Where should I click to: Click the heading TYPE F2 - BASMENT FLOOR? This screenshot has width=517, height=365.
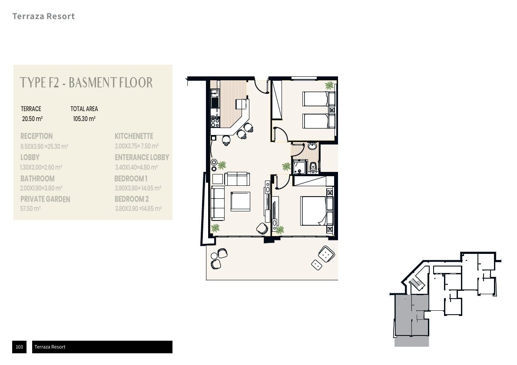pos(86,83)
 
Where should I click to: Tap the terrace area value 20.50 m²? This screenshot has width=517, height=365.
pos(32,119)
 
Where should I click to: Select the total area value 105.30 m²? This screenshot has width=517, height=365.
pos(84,119)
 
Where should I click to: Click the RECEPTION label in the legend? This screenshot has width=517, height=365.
pos(36,136)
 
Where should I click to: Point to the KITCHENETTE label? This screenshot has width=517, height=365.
pos(134,136)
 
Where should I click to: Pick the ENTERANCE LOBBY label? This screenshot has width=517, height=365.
pos(142,158)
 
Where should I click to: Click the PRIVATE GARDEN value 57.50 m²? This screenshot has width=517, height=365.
pos(30,208)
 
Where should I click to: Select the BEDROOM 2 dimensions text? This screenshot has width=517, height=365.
pos(138,208)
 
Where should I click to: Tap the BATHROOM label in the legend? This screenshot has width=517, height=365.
pos(38,178)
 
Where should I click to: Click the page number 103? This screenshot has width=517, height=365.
pos(20,347)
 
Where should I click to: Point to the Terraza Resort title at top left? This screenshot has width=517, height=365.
pos(43,16)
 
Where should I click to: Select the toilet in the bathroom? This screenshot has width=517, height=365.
pos(313,168)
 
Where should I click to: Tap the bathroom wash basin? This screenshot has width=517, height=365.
pos(312,146)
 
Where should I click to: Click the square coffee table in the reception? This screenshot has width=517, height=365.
pos(240,201)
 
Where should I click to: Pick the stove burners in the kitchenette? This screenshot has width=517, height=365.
pos(215,122)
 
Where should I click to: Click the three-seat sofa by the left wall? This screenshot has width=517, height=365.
pos(218,203)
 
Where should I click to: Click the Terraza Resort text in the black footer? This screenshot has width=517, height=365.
pos(50,347)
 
